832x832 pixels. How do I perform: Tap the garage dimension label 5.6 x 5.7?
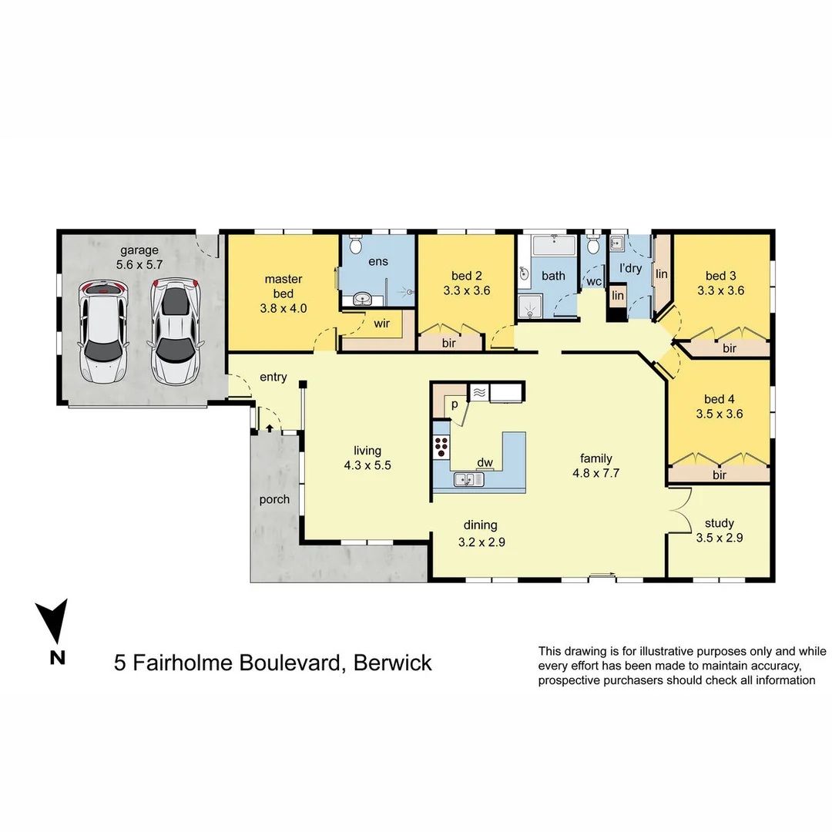click(139, 263)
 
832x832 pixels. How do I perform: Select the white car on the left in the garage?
click(102, 333)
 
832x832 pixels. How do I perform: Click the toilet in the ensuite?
click(354, 245)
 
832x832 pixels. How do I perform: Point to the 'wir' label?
click(381, 324)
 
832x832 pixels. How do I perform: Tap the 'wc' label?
click(593, 281)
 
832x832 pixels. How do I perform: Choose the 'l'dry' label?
click(631, 268)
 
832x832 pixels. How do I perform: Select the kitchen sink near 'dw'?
click(467, 479)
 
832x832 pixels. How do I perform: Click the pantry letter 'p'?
click(455, 404)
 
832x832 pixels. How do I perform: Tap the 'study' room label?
click(719, 524)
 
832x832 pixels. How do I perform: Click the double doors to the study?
click(678, 512)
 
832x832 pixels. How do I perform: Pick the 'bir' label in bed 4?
click(720, 475)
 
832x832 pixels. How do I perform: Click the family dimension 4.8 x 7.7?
click(596, 473)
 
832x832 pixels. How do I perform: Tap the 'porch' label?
click(274, 499)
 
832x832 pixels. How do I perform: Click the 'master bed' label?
click(283, 286)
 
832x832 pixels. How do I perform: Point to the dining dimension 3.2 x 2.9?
click(481, 542)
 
